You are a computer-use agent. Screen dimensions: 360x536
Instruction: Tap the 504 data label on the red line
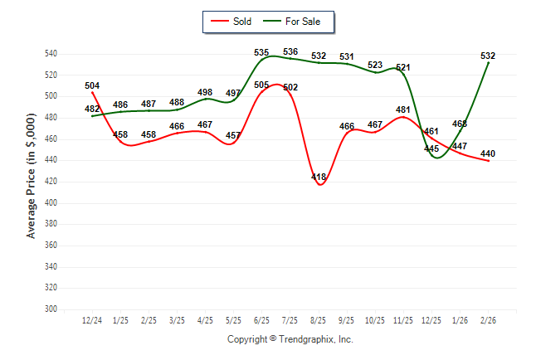[92, 85]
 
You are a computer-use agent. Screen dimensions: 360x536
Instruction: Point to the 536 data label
[290, 52]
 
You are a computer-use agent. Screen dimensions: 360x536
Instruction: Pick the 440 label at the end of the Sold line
[488, 153]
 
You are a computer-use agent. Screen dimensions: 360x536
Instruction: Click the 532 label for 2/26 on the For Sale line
[488, 56]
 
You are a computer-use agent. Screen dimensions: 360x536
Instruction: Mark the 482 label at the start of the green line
[92, 109]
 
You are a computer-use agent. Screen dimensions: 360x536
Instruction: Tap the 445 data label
[431, 149]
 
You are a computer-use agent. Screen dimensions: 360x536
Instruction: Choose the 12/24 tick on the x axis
[92, 319]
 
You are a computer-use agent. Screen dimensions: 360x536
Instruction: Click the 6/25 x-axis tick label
[261, 319]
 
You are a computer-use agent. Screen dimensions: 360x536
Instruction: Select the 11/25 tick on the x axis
[403, 319]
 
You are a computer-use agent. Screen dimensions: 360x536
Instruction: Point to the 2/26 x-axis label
[488, 319]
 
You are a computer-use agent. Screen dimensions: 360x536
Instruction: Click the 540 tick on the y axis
[51, 54]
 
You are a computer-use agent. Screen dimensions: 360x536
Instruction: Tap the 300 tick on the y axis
[51, 309]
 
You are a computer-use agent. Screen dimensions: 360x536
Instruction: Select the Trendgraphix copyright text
[290, 339]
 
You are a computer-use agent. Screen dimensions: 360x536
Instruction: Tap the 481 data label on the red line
[403, 109]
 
